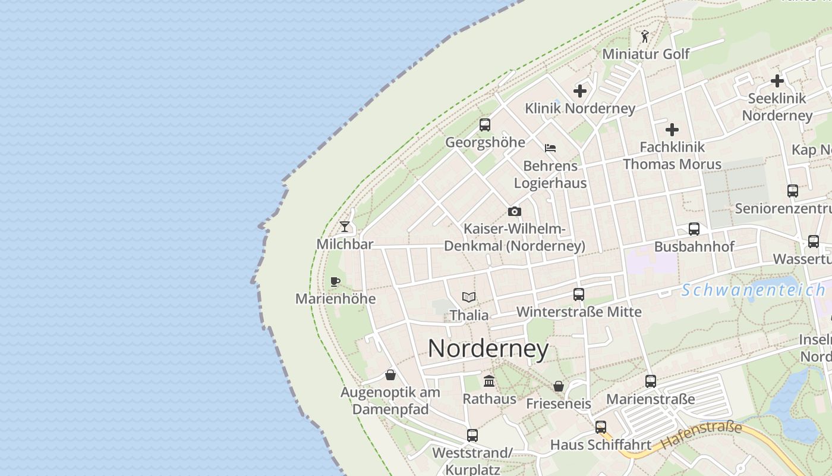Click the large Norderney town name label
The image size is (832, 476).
click(x=488, y=349)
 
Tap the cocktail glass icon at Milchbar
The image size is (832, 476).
click(x=345, y=226)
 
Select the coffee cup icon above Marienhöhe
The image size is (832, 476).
click(x=335, y=281)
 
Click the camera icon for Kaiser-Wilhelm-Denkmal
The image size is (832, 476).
click(x=515, y=211)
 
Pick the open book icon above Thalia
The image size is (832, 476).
click(x=469, y=297)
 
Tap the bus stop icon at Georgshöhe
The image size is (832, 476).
click(x=485, y=125)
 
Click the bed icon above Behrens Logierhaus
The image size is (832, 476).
click(x=550, y=148)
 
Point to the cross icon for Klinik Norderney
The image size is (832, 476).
click(x=580, y=91)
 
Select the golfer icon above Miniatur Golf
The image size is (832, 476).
click(x=645, y=37)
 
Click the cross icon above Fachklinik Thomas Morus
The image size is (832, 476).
click(x=672, y=130)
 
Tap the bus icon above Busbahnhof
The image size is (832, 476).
click(x=694, y=229)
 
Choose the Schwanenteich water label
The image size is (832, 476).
click(x=753, y=290)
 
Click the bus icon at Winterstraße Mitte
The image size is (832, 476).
click(x=579, y=294)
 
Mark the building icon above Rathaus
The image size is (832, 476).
click(x=489, y=381)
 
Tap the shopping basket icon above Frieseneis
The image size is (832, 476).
click(x=559, y=386)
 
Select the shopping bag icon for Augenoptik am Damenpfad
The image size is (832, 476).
click(x=390, y=374)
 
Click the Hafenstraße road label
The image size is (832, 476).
click(x=702, y=435)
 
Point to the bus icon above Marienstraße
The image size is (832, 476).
click(x=651, y=381)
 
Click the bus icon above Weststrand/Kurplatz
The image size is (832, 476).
click(x=472, y=435)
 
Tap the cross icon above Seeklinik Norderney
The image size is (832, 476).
click(x=777, y=81)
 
